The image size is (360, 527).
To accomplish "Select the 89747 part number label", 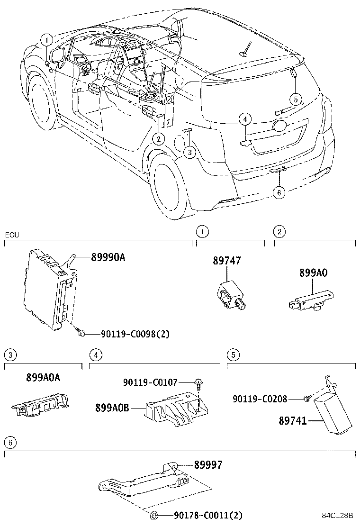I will pos(226,261).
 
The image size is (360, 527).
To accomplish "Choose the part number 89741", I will pos(293,420).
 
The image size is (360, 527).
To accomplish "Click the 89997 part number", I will pos(207,466).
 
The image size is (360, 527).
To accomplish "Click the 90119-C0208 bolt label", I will pos(260,399).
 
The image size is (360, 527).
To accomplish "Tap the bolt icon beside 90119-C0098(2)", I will pos(81,334).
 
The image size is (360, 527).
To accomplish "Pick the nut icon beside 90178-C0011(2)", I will pos(154,515).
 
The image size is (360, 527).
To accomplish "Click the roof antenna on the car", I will pos(245,50).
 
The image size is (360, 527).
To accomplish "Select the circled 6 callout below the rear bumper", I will pos(279,192).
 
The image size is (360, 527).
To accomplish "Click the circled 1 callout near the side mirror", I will pos(47,40).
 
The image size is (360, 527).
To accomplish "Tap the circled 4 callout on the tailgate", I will pos(244,119).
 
